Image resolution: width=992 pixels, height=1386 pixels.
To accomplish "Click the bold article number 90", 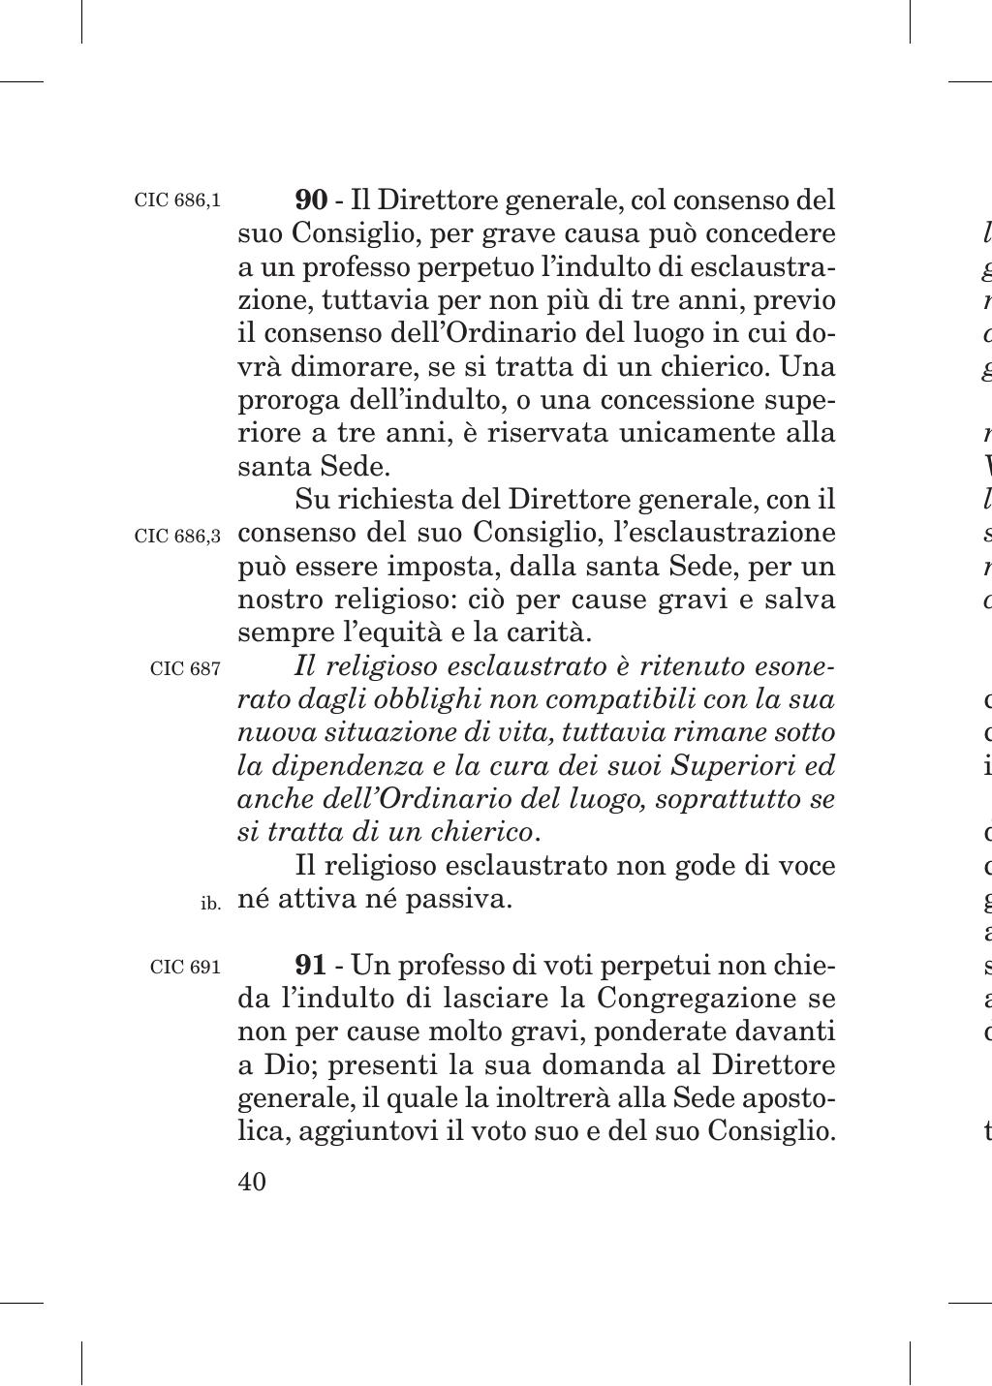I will pos(311,201).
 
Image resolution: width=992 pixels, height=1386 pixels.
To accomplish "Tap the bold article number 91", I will pos(310,966).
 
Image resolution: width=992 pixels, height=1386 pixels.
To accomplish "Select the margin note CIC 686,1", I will pos(177,201).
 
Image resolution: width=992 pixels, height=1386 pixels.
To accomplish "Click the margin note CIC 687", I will pos(185,668).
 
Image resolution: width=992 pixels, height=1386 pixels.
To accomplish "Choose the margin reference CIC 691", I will pos(185,968).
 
